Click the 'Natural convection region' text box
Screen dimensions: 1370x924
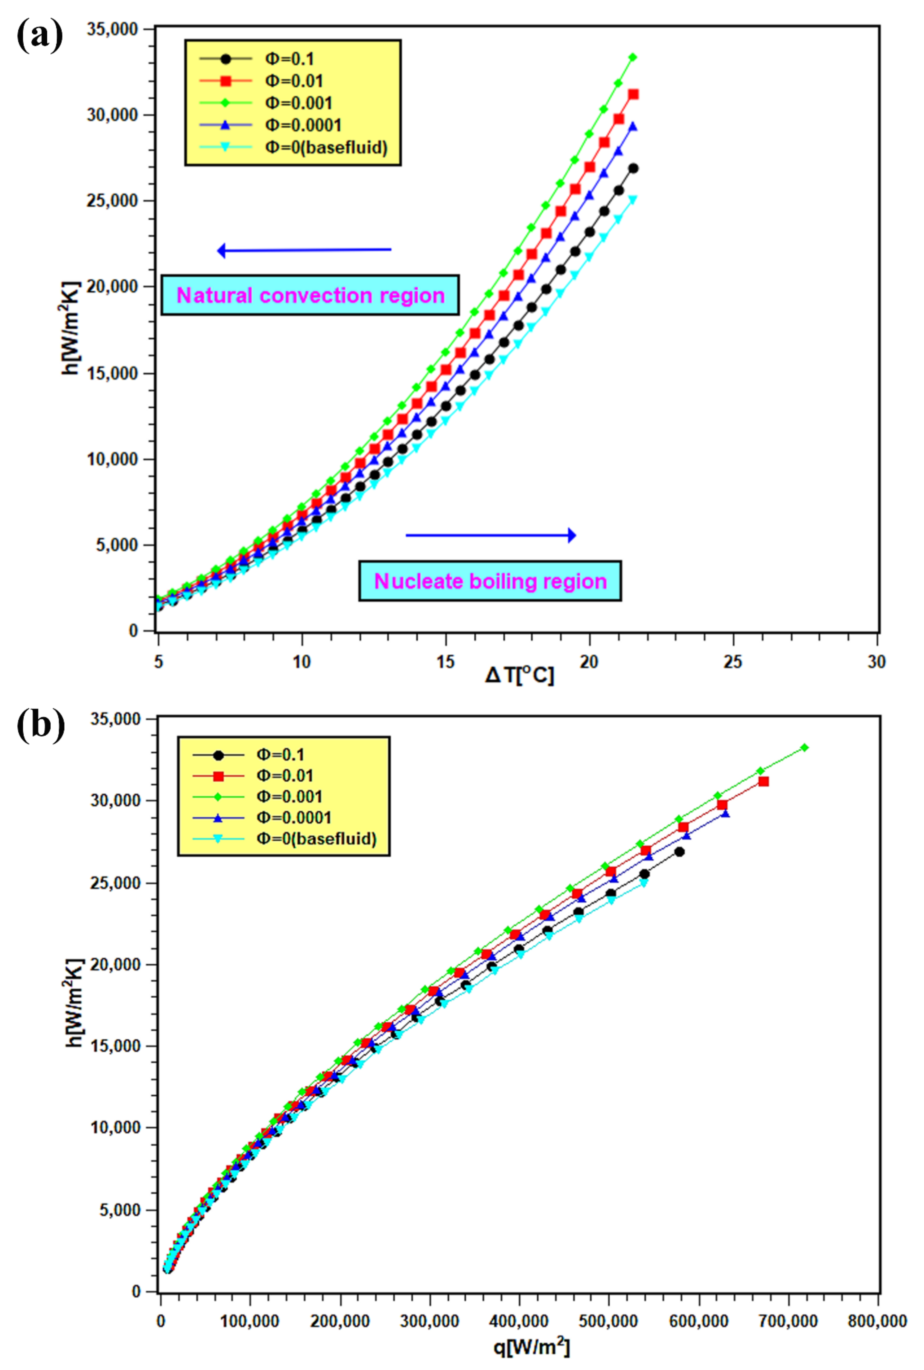(310, 295)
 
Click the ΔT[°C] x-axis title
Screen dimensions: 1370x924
(519, 675)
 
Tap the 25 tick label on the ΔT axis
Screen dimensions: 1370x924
(733, 662)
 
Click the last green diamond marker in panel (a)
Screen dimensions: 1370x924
(633, 57)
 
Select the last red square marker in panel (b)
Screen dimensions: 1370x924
(763, 781)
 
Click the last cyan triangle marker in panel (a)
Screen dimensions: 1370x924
(633, 199)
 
